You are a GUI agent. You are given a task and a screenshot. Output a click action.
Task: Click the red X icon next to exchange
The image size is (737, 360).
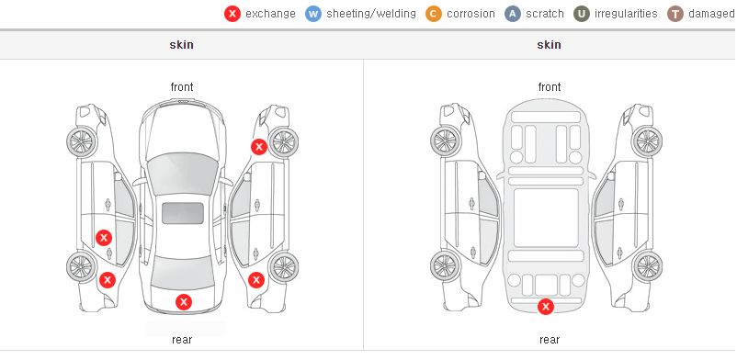click(x=232, y=14)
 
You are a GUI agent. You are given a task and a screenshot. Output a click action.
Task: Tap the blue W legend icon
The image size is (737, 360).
click(x=313, y=14)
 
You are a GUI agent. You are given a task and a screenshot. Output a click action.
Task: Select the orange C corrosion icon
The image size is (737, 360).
click(x=434, y=14)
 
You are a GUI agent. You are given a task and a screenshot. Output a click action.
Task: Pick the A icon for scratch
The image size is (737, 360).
click(x=513, y=14)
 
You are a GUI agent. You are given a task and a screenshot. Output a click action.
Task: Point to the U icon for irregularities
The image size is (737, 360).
click(x=582, y=14)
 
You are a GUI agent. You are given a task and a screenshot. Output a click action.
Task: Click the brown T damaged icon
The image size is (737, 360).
click(x=675, y=14)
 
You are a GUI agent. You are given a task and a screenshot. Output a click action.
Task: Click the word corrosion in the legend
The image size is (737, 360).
click(x=471, y=14)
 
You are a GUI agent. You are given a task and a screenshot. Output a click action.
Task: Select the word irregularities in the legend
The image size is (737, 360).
click(x=626, y=14)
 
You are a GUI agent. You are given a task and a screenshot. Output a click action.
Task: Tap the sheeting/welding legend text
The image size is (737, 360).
click(x=371, y=14)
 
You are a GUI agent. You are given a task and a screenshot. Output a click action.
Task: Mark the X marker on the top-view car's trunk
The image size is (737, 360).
click(x=184, y=302)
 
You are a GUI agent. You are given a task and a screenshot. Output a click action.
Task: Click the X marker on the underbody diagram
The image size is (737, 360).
click(x=546, y=307)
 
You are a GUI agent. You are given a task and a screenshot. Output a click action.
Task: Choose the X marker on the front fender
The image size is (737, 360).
click(x=258, y=147)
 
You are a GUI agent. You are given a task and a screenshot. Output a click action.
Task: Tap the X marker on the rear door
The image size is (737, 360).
click(x=104, y=238)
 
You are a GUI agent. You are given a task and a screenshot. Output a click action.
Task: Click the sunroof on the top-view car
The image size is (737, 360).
click(x=183, y=213)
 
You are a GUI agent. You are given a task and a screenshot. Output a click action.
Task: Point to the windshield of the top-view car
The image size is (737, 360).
click(x=182, y=174)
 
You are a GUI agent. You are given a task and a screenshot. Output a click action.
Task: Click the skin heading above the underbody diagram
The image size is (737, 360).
click(x=549, y=45)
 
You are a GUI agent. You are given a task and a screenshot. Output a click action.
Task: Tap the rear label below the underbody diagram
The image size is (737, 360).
click(x=550, y=340)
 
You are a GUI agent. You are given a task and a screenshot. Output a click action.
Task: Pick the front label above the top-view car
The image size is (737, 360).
click(x=182, y=87)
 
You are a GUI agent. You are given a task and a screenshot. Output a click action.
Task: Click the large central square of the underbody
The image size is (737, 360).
click(x=546, y=218)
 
